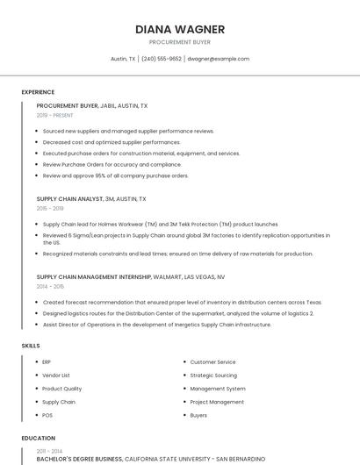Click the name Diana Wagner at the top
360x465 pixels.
tap(180, 29)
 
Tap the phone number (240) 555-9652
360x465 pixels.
tap(162, 59)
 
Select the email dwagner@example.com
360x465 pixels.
tap(220, 59)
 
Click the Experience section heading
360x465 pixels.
tap(38, 92)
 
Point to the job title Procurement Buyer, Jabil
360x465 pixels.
tap(91, 106)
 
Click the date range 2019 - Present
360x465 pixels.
tap(54, 115)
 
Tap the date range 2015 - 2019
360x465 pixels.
tap(50, 208)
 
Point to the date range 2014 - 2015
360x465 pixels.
tap(50, 286)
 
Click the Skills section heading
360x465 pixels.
tap(31, 346)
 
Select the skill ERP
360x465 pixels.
tap(47, 361)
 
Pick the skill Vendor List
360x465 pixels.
tap(56, 375)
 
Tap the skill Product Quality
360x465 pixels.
tap(61, 389)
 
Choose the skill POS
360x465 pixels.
tap(47, 415)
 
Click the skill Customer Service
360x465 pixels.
tap(212, 361)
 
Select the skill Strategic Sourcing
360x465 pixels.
tap(213, 375)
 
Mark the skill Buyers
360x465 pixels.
tap(198, 415)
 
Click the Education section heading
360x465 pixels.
tap(38, 438)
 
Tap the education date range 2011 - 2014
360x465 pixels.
tap(49, 450)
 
